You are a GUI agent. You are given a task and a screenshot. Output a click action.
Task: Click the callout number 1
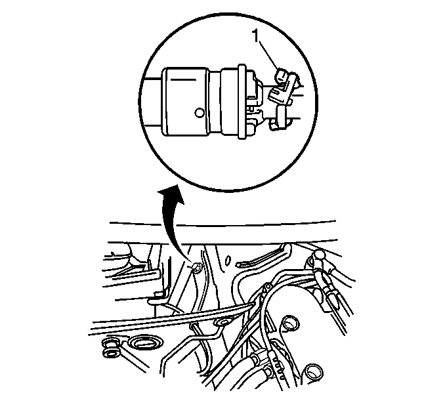(256, 36)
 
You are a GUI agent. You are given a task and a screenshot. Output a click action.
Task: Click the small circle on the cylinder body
(200, 113)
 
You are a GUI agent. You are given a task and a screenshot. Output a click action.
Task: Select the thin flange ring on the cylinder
(242, 102)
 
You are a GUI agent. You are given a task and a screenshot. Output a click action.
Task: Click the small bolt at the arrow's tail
(196, 267)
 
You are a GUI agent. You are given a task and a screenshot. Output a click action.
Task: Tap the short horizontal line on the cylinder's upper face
(183, 80)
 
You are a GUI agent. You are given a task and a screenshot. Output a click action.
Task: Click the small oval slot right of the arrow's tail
(227, 260)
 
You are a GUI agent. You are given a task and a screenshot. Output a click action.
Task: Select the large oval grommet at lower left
(145, 343)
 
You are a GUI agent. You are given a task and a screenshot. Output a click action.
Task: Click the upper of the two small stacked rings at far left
(110, 343)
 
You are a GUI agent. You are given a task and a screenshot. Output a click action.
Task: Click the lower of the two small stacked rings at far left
(111, 353)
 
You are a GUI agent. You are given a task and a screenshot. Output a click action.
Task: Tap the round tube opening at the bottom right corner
(313, 373)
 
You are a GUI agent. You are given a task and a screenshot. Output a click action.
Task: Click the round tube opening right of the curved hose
(291, 323)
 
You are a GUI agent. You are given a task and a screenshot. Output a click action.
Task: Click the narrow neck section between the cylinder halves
(215, 102)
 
